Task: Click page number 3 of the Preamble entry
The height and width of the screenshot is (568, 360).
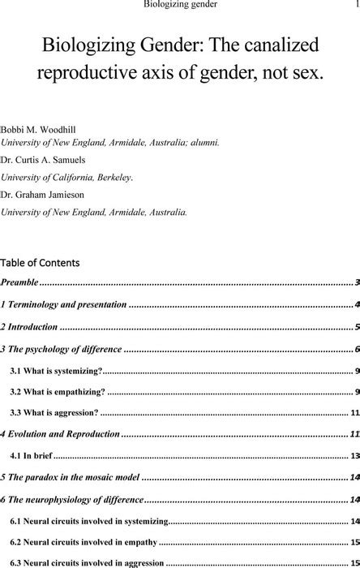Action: pos(357,282)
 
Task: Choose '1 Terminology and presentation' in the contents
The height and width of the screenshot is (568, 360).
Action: pos(64,305)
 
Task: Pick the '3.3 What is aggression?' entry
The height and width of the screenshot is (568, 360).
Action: pos(54,412)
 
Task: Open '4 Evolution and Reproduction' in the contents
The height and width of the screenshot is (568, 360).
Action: pos(60,434)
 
